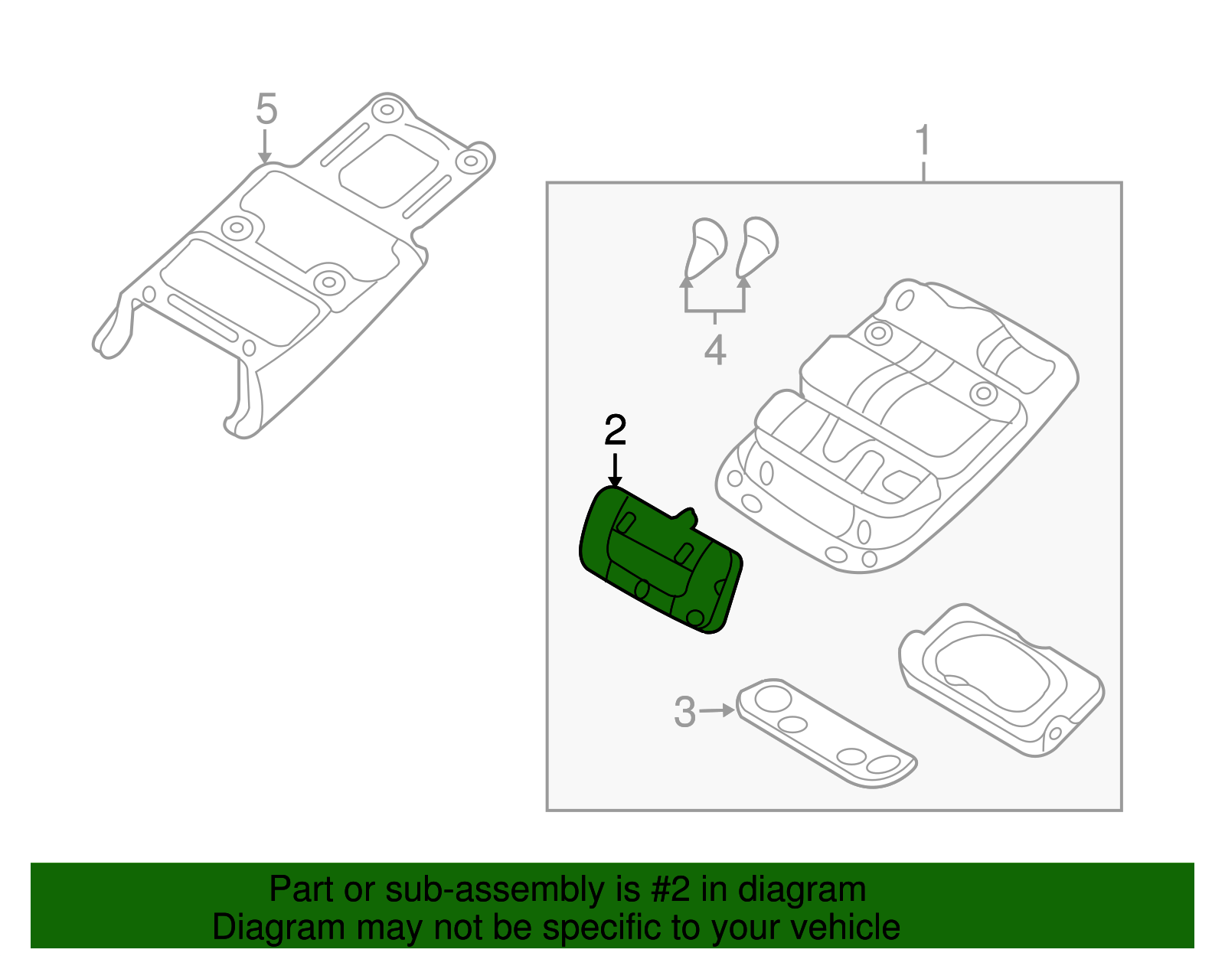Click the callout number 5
point(266,109)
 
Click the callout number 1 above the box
point(923,141)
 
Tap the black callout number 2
point(615,431)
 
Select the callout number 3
point(684,712)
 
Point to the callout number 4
point(714,351)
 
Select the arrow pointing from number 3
point(717,710)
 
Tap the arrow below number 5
point(265,147)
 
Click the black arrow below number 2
point(614,469)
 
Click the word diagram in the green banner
point(802,889)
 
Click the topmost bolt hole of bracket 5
point(387,110)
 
